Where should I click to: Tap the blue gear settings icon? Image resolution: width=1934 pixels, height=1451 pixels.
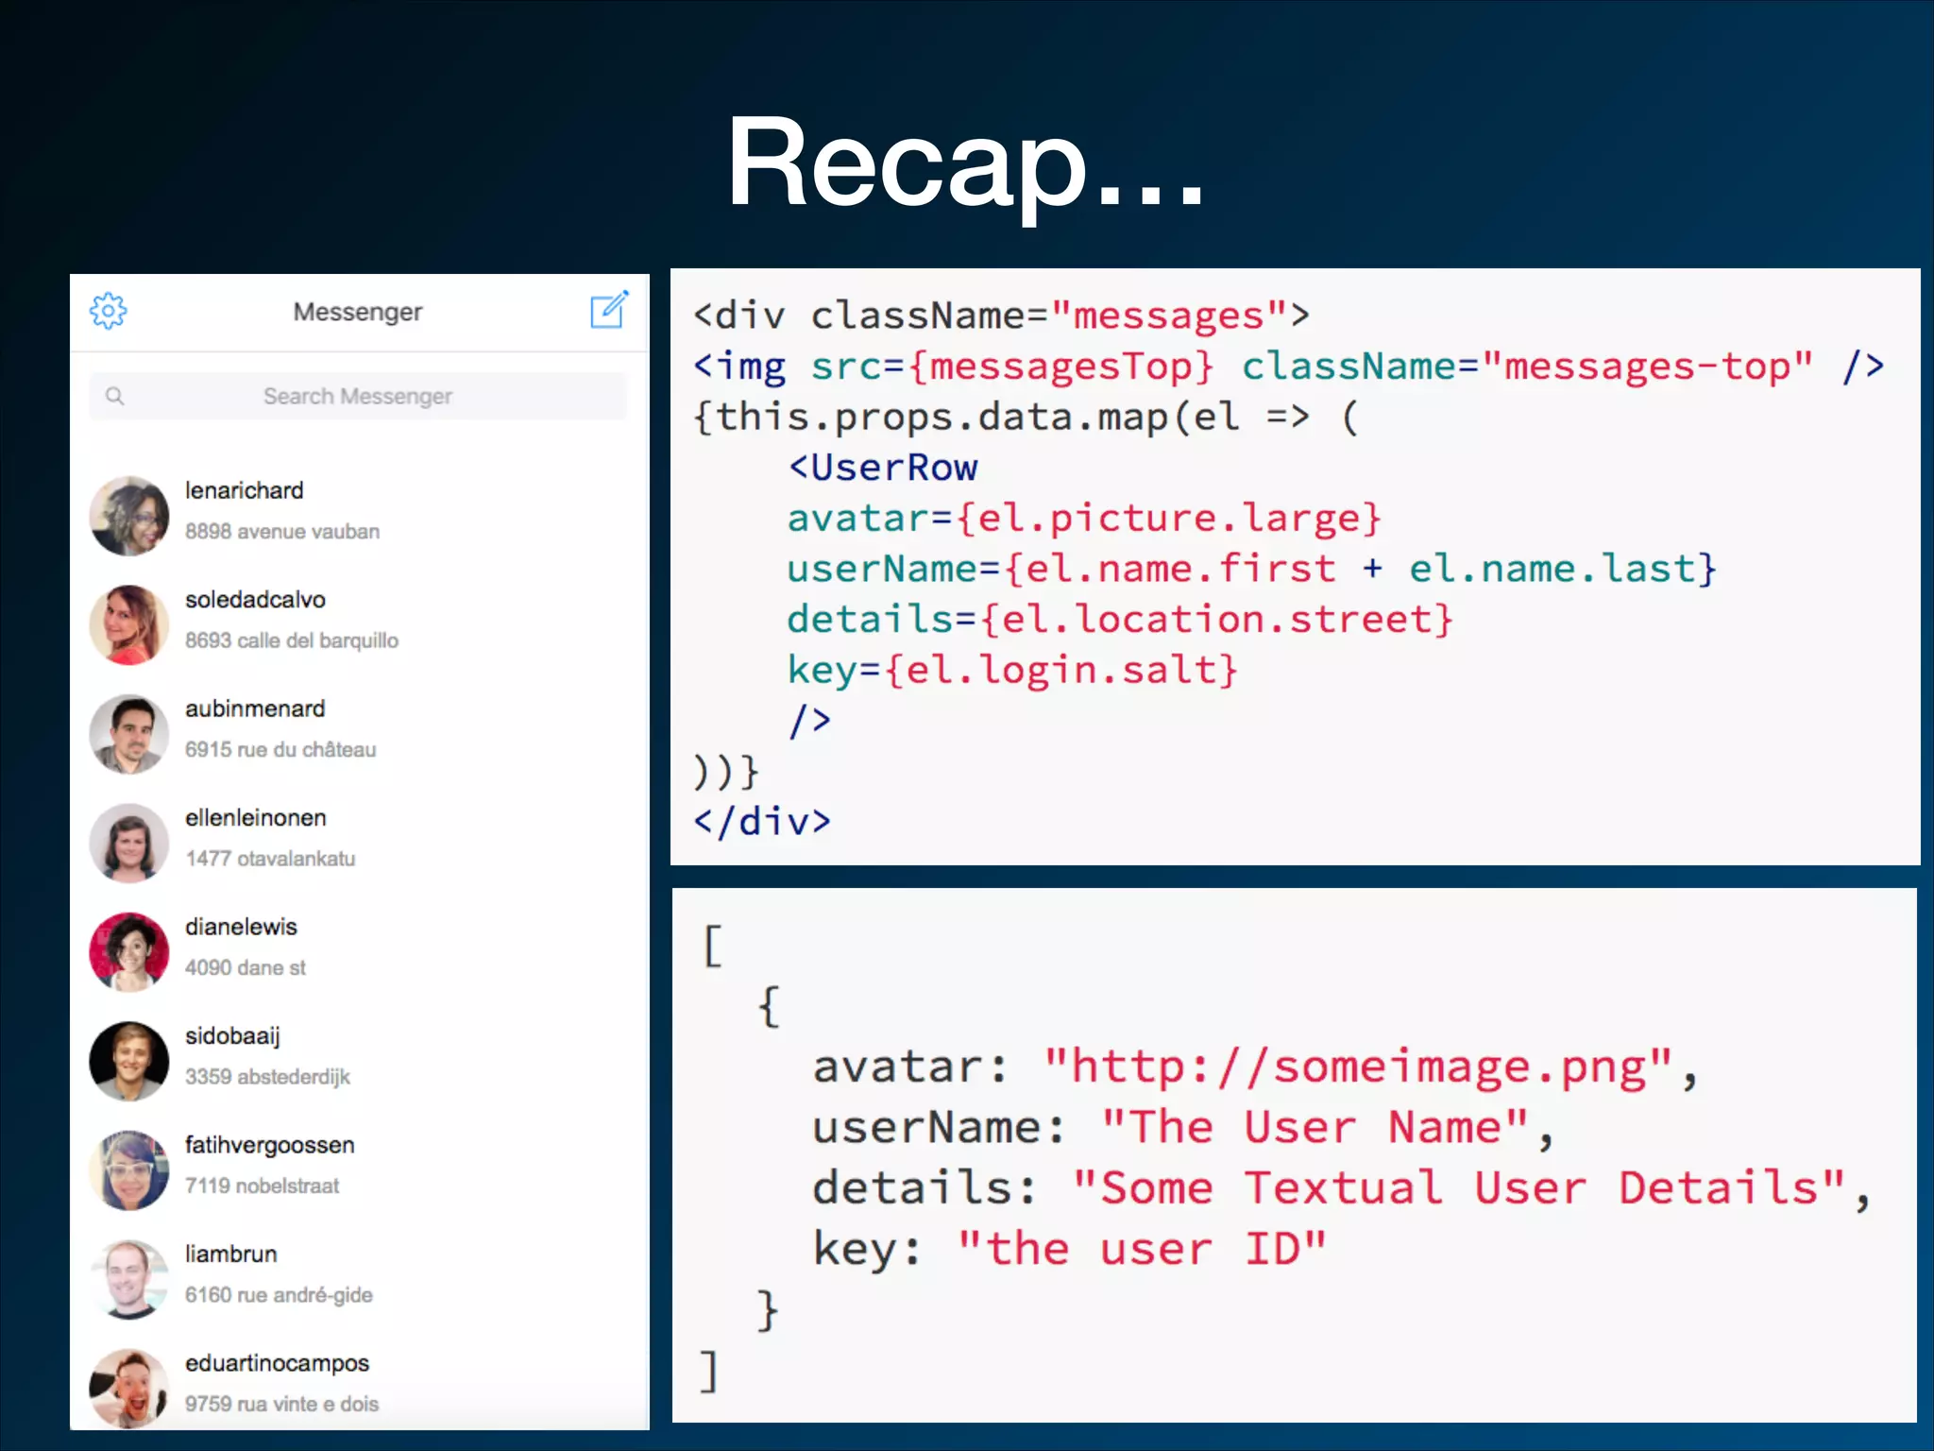(x=109, y=311)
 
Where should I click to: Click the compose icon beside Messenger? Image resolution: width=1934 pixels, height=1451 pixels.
(x=609, y=309)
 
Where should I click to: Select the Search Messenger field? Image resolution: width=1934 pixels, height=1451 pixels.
(x=357, y=396)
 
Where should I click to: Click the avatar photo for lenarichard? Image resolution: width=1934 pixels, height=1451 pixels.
(x=129, y=516)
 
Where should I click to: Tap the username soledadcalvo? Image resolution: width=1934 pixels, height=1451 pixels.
(x=255, y=600)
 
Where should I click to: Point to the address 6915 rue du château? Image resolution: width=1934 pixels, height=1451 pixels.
(x=280, y=749)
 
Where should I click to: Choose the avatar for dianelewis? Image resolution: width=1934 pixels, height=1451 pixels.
(x=129, y=951)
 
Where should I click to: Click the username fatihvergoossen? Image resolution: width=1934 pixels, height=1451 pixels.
(x=270, y=1145)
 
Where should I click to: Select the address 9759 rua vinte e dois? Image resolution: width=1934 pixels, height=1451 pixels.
(x=281, y=1404)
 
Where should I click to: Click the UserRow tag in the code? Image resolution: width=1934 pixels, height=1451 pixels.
(x=883, y=468)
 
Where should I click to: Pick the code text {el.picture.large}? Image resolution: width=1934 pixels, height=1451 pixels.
(x=1169, y=518)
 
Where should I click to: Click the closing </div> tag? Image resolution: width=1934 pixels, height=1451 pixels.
(x=762, y=821)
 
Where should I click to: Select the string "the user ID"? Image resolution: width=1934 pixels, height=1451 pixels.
(x=1142, y=1249)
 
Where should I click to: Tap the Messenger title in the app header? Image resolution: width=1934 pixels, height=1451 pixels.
(x=357, y=312)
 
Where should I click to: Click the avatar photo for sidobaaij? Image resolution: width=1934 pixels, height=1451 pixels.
(x=129, y=1061)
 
